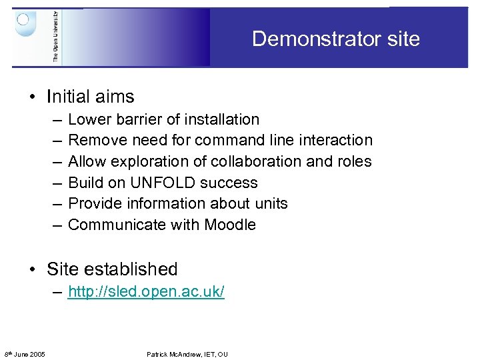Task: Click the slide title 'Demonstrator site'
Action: click(x=335, y=39)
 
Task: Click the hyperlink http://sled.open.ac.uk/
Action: click(x=146, y=291)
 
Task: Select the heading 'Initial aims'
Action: click(x=90, y=97)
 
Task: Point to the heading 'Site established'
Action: click(x=112, y=269)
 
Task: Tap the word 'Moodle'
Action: click(x=230, y=225)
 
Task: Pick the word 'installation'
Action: click(x=220, y=119)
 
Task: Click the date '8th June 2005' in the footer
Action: click(x=25, y=354)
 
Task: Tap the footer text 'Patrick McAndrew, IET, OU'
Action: click(x=187, y=354)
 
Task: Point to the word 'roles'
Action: click(x=353, y=161)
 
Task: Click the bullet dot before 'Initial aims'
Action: click(x=32, y=97)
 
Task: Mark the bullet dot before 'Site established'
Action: click(x=32, y=270)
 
